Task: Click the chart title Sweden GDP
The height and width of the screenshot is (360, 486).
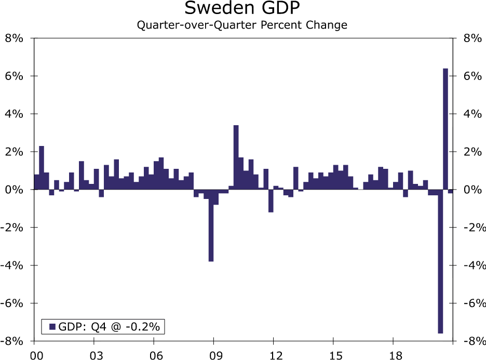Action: coord(242,9)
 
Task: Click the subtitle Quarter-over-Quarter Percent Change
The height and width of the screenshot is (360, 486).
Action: coord(242,25)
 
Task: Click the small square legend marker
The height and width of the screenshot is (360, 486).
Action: coord(52,326)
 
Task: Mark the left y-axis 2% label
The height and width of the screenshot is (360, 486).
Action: coord(15,152)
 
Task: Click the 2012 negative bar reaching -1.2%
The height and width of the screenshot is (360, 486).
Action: coord(271,201)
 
